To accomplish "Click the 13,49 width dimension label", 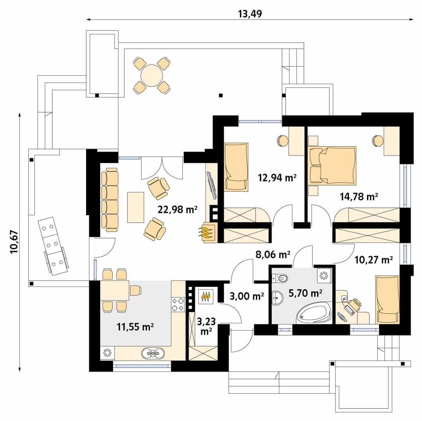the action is click(250, 14).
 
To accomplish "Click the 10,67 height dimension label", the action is click(14, 241).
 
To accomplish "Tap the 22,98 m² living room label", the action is click(178, 209).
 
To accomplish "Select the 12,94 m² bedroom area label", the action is click(277, 178).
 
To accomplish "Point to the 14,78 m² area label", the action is click(359, 196).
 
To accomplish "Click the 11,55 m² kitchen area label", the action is click(135, 327).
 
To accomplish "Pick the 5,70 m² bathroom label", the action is click(305, 293).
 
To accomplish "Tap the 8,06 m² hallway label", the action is click(273, 255).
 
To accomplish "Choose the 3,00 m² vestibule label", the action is click(247, 296).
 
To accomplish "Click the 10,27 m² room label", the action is click(373, 260).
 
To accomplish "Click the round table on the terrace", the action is click(152, 76).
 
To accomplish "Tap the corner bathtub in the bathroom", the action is click(314, 313).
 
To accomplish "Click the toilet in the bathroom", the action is click(280, 278).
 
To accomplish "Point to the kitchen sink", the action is click(153, 353).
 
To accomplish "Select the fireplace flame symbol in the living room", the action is click(207, 233).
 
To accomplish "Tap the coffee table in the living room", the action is click(136, 207).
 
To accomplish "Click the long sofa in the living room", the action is click(110, 200).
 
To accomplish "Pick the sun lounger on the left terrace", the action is click(53, 246).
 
